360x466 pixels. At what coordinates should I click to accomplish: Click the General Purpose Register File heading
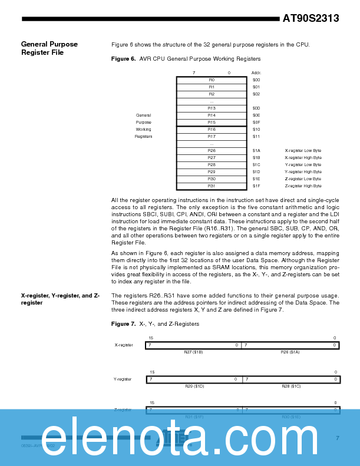[49, 48]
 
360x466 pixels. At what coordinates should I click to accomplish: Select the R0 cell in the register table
[212, 80]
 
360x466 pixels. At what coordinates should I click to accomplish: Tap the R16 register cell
[212, 129]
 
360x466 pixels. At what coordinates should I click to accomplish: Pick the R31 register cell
[212, 186]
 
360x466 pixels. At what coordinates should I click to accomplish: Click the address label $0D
[256, 108]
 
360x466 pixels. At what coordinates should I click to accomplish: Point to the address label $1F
[256, 186]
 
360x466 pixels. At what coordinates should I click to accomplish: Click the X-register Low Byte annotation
[303, 150]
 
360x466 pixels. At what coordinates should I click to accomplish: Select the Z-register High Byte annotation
[303, 186]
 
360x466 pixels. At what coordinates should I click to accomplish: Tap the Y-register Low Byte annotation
[303, 164]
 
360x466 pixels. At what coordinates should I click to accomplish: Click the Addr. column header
[256, 72]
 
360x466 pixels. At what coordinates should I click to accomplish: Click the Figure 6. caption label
[123, 59]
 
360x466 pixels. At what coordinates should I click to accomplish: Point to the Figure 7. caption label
[123, 323]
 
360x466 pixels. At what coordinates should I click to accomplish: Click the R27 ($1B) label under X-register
[193, 352]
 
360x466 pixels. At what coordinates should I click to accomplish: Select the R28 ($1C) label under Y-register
[291, 386]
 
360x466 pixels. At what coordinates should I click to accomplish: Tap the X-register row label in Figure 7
[124, 345]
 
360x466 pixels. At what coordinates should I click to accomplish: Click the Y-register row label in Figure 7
[123, 379]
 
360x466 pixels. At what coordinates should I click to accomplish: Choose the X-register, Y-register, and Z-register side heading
[60, 299]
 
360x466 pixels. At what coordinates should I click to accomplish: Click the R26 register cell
[212, 150]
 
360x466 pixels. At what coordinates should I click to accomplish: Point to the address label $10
[256, 129]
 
